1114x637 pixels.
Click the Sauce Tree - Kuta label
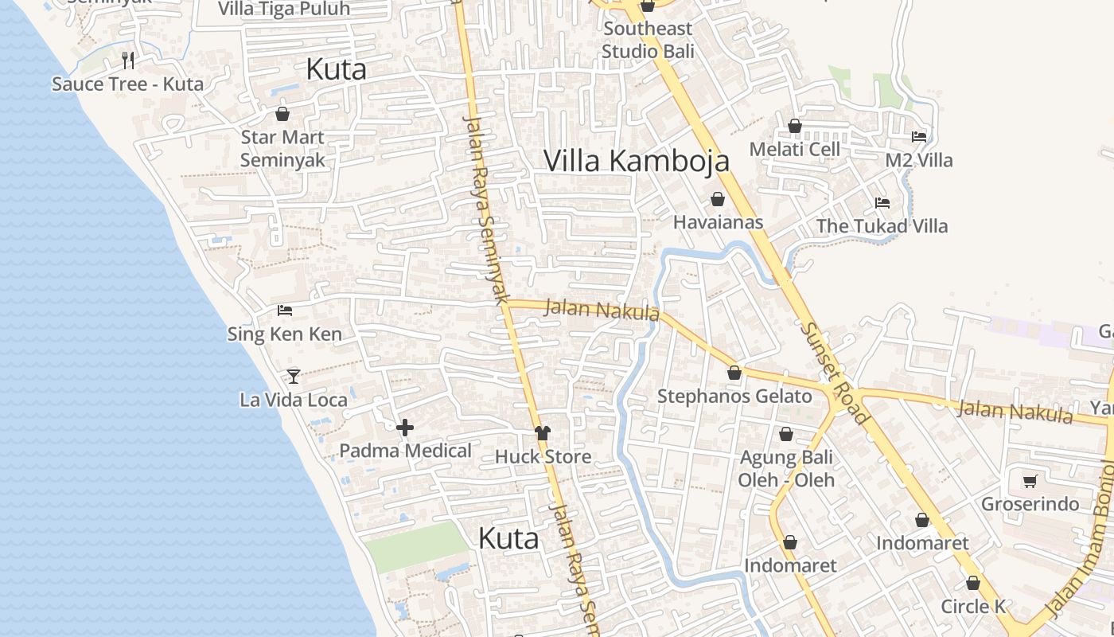point(127,84)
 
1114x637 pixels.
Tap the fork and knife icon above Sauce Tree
point(128,60)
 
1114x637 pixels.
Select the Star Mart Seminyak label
point(282,148)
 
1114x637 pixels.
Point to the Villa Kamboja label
point(636,161)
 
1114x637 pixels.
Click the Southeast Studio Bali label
point(648,40)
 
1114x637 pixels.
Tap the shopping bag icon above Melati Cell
point(794,126)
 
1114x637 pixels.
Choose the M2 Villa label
point(919,160)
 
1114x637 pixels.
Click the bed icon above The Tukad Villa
point(882,203)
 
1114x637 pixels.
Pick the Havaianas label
point(718,222)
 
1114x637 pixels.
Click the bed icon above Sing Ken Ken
point(284,310)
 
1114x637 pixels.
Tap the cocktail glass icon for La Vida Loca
point(294,376)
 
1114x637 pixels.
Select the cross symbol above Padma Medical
point(405,428)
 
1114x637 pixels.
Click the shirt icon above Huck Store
point(543,433)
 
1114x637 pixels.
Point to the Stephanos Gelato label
point(734,396)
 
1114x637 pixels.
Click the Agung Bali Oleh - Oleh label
point(786,469)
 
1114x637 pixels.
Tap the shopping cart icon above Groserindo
point(1030,481)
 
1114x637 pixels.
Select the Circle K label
point(973,606)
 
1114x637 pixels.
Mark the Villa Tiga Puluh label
point(283,9)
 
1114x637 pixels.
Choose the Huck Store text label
point(543,456)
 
